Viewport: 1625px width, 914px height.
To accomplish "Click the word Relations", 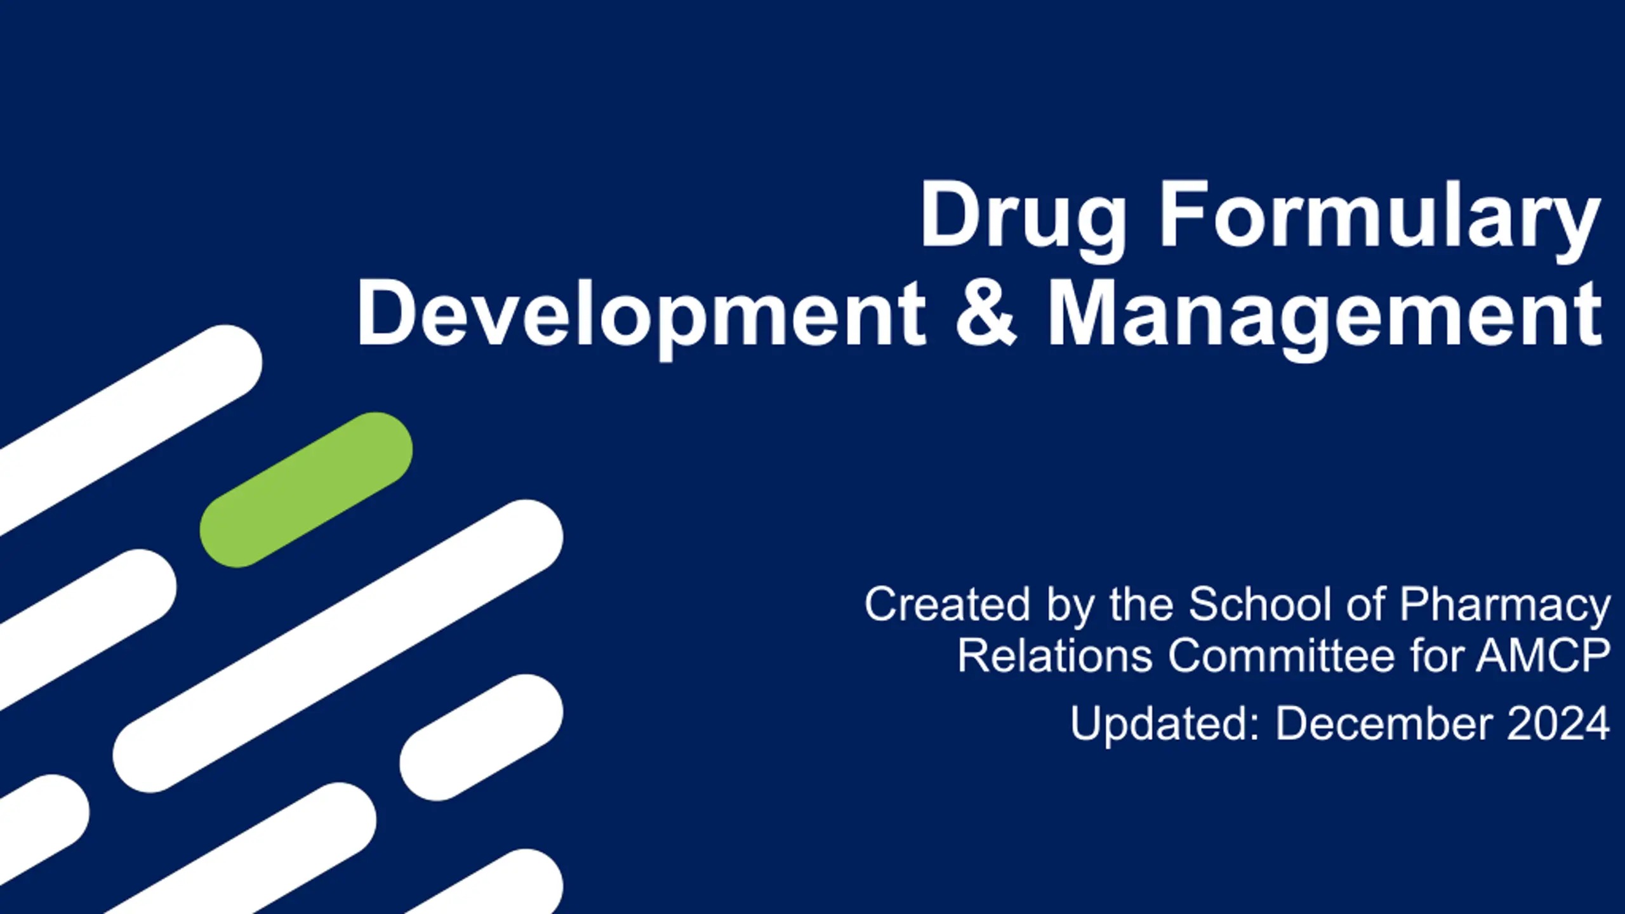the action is click(x=1054, y=655).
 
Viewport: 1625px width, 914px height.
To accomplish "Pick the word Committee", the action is click(x=1281, y=655).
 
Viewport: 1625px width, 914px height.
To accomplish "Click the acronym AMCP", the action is click(x=1543, y=655).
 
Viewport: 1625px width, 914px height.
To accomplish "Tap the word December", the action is click(x=1383, y=724).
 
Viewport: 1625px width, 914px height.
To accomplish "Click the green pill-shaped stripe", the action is click(x=306, y=489).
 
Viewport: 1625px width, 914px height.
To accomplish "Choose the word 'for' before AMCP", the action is click(x=1435, y=655).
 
